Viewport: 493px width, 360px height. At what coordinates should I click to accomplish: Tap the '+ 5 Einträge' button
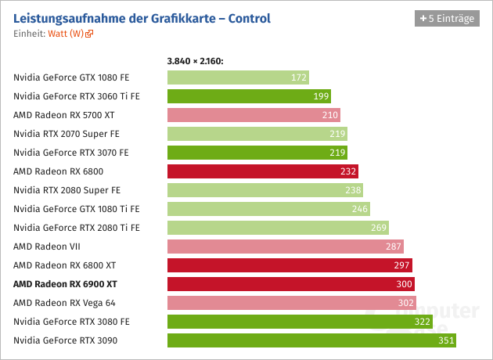pyautogui.click(x=446, y=18)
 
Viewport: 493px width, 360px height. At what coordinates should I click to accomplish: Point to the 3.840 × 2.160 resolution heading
pyautogui.click(x=196, y=60)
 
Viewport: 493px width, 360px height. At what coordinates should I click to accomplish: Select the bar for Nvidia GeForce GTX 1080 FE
pyautogui.click(x=238, y=77)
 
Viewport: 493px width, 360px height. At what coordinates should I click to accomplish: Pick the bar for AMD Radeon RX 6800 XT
pyautogui.click(x=290, y=265)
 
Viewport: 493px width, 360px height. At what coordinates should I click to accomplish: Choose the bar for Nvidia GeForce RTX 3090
pyautogui.click(x=311, y=340)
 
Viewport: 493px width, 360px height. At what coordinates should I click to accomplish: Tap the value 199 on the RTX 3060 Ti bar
pyautogui.click(x=319, y=96)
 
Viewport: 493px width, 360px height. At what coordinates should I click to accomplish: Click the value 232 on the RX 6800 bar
pyautogui.click(x=347, y=171)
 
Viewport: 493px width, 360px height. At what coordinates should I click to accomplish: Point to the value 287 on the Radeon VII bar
pyautogui.click(x=393, y=247)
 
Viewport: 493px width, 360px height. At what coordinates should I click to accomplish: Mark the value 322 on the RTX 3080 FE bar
pyautogui.click(x=423, y=322)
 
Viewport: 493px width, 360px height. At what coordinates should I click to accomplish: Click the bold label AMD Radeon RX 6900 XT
pyautogui.click(x=65, y=284)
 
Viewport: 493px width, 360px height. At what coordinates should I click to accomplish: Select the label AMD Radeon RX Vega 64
pyautogui.click(x=64, y=303)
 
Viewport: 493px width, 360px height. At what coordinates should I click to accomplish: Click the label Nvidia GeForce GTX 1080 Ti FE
pyautogui.click(x=76, y=209)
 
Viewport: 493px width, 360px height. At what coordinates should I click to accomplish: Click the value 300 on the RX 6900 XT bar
pyautogui.click(x=404, y=284)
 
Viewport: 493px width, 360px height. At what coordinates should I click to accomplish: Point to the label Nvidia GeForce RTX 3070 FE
pyautogui.click(x=70, y=153)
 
